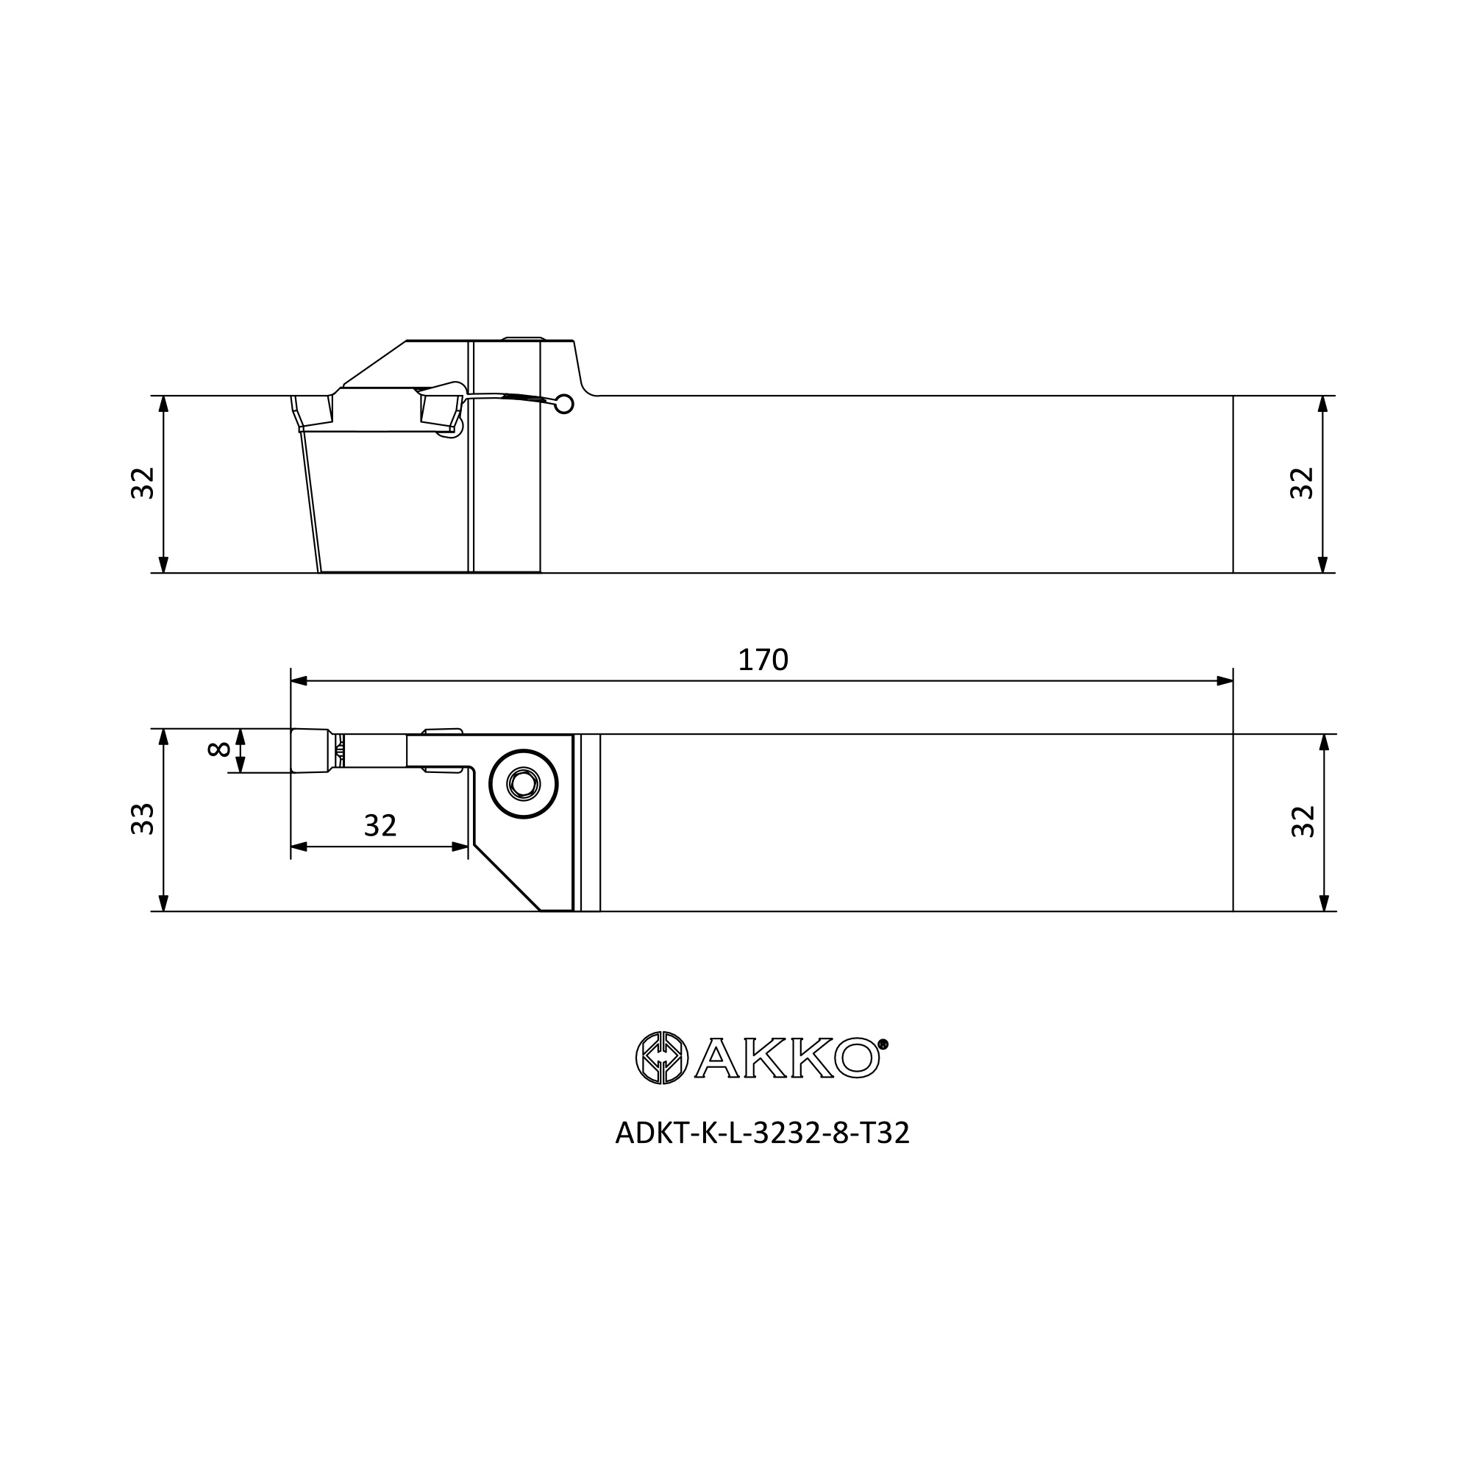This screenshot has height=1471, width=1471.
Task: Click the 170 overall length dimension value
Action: tap(763, 659)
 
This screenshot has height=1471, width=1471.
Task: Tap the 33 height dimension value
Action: tap(143, 819)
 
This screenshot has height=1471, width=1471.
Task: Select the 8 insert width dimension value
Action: tap(219, 749)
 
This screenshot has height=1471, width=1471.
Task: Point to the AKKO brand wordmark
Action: tap(787, 1058)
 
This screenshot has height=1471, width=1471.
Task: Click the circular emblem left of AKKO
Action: tap(662, 1058)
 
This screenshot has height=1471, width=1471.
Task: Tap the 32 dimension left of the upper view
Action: tap(143, 483)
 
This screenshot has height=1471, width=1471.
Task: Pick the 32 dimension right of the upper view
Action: tap(1303, 483)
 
